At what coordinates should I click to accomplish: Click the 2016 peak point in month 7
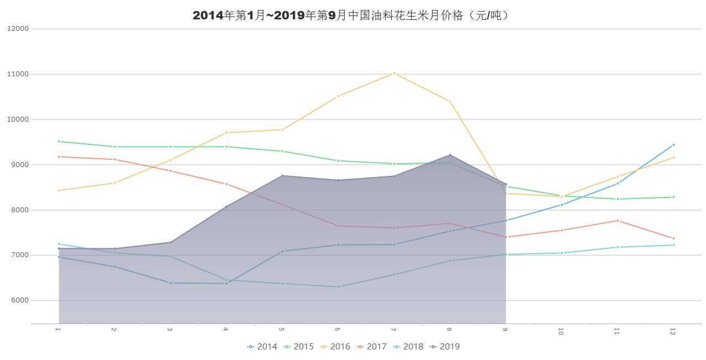tap(394, 73)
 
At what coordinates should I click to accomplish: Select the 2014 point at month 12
tap(673, 145)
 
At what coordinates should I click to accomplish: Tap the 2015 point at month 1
tap(59, 142)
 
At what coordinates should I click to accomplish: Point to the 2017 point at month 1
tap(59, 156)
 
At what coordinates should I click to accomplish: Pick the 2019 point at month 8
tap(450, 155)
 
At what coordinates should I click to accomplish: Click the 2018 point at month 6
tap(338, 286)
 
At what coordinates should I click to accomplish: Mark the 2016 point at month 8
tap(450, 101)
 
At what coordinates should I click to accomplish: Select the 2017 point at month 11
tap(617, 221)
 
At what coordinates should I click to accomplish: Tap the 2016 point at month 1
tap(59, 190)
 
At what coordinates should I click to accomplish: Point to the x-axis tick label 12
tap(673, 331)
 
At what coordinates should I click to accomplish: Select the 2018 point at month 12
tap(673, 245)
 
